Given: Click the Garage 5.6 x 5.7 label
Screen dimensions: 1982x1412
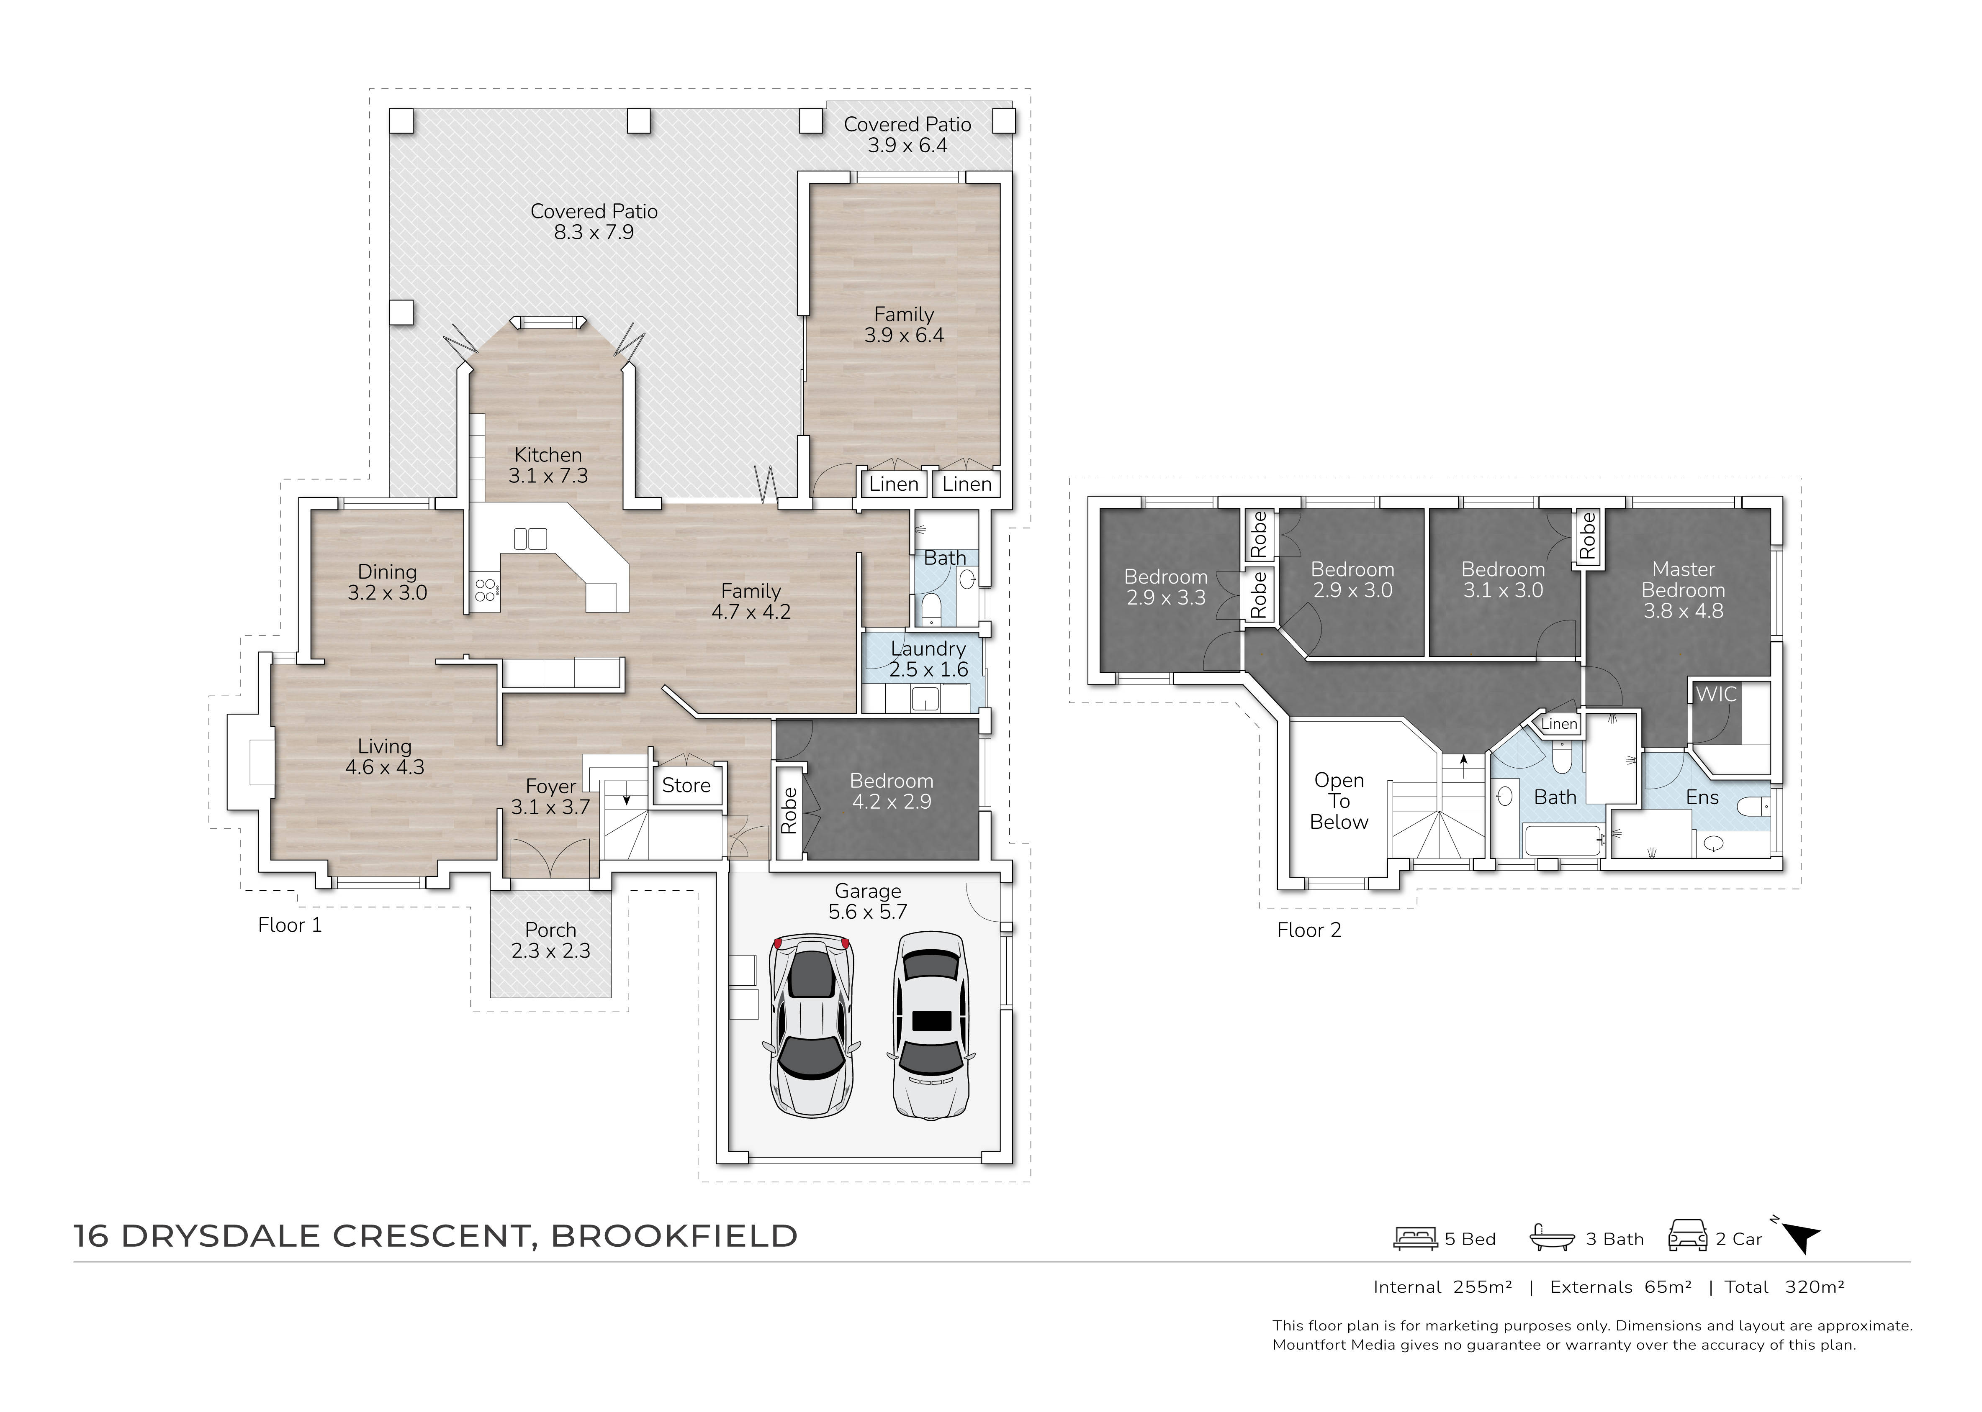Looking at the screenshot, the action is [x=868, y=902].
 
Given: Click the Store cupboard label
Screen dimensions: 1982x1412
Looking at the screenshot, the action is [x=686, y=785].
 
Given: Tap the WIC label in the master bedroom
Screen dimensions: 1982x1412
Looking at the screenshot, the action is [x=1716, y=694].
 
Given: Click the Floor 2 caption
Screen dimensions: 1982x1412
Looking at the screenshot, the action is [x=1309, y=930].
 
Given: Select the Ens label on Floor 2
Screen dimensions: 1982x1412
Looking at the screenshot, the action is [x=1702, y=797].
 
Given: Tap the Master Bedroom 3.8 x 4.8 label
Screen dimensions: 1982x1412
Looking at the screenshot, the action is [x=1683, y=589].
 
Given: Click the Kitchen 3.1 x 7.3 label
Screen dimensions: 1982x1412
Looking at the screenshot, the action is [x=548, y=465].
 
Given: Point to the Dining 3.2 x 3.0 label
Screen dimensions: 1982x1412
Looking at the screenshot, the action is [x=387, y=582].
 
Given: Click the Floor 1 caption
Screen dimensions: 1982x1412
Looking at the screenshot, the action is [x=290, y=925].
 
